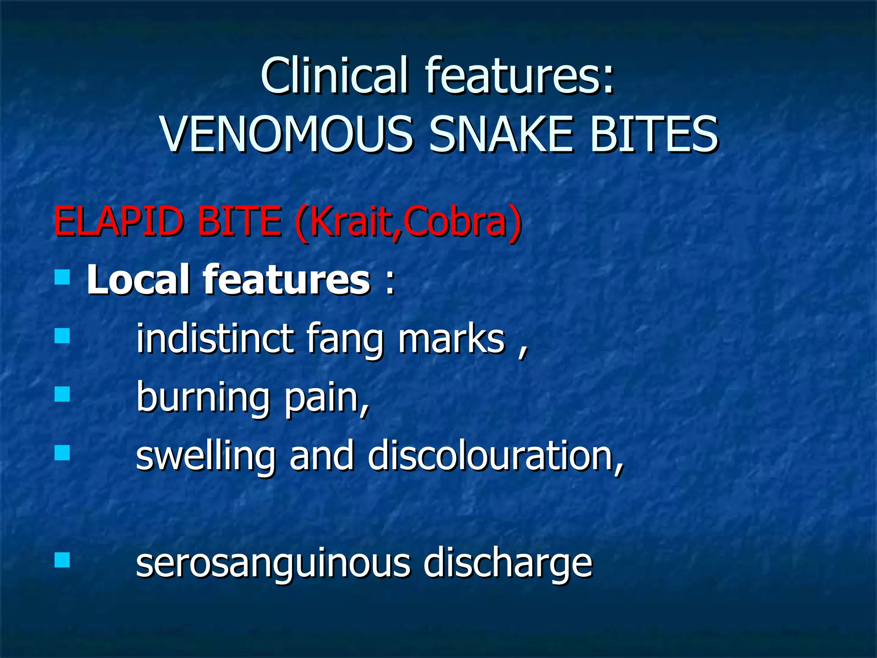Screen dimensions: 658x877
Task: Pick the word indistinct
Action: tap(215, 339)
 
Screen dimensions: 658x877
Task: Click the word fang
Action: tap(345, 341)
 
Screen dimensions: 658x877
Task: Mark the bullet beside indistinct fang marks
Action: tap(63, 335)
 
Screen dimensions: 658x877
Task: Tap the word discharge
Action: tap(507, 563)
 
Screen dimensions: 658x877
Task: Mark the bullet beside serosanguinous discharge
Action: tap(63, 559)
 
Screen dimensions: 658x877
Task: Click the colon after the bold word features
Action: tap(389, 282)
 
